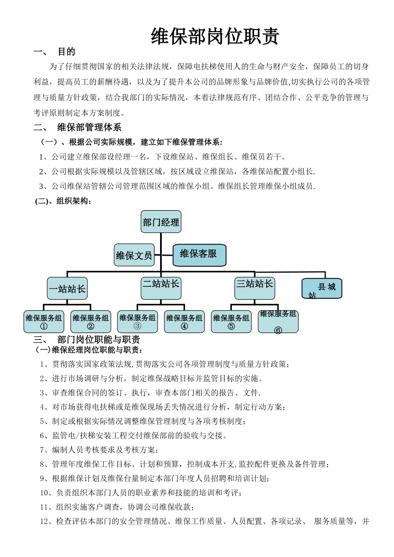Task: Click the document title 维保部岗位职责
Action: (215, 36)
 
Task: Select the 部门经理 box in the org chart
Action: (161, 222)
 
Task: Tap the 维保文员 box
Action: (134, 255)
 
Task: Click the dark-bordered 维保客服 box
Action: (199, 255)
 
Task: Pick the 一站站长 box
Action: (67, 288)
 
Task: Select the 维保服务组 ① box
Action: (44, 322)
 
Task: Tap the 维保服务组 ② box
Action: (90, 322)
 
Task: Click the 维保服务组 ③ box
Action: (137, 322)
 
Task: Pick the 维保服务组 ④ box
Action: (184, 322)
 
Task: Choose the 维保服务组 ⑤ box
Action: (231, 322)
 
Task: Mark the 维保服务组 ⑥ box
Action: (278, 322)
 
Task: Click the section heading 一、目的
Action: (54, 52)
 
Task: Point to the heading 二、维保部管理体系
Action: (78, 127)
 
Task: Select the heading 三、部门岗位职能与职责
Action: (87, 340)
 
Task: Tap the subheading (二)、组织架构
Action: (63, 201)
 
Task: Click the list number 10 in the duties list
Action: (45, 493)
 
